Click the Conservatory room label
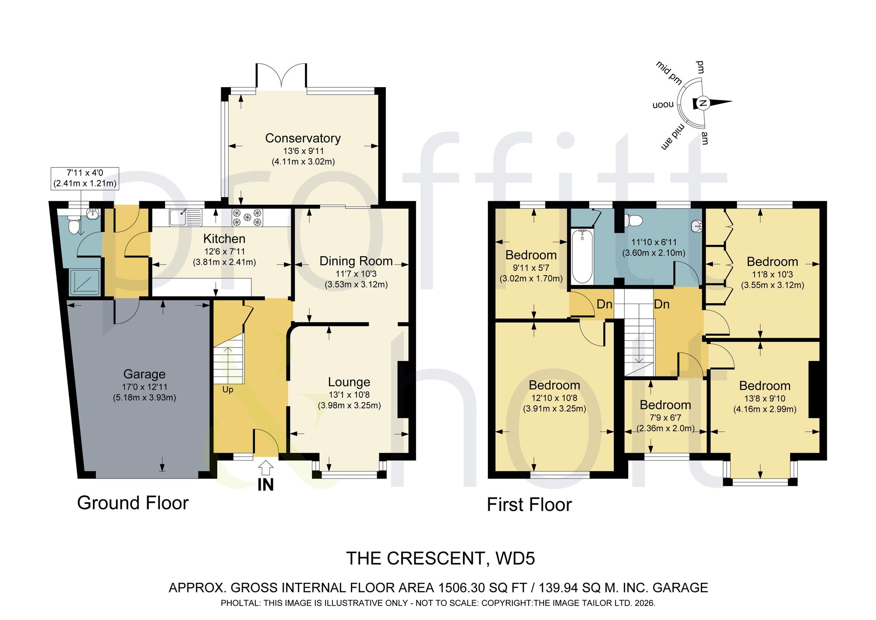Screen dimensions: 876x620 click(x=303, y=138)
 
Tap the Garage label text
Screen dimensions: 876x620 click(x=144, y=374)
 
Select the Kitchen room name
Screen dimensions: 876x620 click(x=224, y=238)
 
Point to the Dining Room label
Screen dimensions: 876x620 click(x=356, y=261)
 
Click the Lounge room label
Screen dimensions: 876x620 click(x=349, y=382)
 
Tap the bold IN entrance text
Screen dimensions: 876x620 click(x=265, y=485)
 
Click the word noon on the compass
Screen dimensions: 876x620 click(x=663, y=105)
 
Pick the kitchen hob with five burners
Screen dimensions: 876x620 click(x=247, y=217)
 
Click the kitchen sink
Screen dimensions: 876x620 click(x=186, y=217)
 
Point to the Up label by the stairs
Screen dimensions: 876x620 click(x=228, y=390)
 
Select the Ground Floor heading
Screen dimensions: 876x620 click(x=133, y=503)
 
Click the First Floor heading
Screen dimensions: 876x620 click(x=529, y=505)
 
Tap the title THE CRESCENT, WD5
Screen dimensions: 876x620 click(x=441, y=559)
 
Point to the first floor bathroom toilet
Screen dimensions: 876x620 click(x=633, y=220)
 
